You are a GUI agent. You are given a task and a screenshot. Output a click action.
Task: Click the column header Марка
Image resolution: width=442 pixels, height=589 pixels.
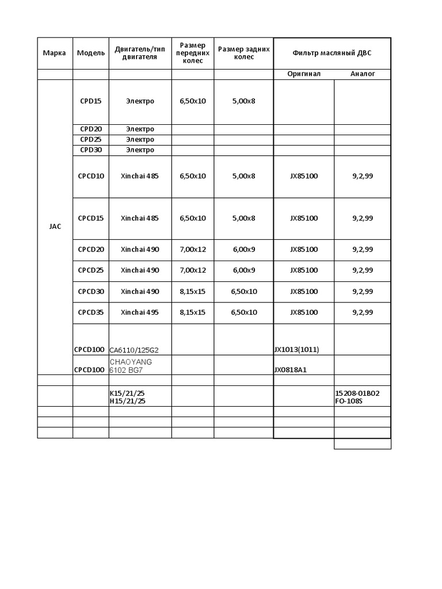pyautogui.click(x=55, y=53)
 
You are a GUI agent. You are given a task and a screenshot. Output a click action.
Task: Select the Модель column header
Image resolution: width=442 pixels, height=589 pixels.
pyautogui.click(x=91, y=53)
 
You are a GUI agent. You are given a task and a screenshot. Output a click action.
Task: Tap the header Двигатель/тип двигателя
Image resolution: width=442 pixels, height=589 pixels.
pyautogui.click(x=140, y=53)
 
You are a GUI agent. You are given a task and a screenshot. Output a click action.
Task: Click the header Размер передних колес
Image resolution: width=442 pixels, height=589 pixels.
pyautogui.click(x=193, y=53)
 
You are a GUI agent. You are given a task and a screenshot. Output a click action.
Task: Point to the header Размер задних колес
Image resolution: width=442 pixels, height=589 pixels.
pyautogui.click(x=244, y=53)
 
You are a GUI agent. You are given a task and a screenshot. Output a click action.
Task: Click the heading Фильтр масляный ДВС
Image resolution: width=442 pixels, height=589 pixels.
pyautogui.click(x=332, y=53)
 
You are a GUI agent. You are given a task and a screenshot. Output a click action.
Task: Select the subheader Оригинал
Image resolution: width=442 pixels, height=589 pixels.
pyautogui.click(x=303, y=74)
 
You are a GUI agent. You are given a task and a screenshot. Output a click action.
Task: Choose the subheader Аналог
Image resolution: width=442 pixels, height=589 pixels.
pyautogui.click(x=363, y=74)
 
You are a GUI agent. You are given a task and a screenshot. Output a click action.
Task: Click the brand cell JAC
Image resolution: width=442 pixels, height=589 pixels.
pyautogui.click(x=55, y=227)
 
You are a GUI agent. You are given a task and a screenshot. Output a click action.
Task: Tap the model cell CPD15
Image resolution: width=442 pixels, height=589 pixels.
pyautogui.click(x=91, y=101)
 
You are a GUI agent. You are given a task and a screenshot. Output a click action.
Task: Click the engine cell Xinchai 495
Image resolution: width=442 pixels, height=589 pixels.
pyautogui.click(x=140, y=313)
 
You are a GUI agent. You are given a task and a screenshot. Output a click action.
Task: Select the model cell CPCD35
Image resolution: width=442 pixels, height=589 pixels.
pyautogui.click(x=91, y=313)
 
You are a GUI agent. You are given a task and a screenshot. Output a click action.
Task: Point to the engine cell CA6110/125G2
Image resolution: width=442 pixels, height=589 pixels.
pyautogui.click(x=134, y=350)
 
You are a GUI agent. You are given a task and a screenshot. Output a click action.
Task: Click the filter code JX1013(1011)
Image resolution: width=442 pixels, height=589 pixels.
pyautogui.click(x=296, y=350)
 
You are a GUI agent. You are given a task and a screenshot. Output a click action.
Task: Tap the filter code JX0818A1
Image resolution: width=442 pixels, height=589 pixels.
pyautogui.click(x=291, y=370)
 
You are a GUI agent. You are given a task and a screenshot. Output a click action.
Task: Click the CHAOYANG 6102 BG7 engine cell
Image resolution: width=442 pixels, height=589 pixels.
pyautogui.click(x=131, y=366)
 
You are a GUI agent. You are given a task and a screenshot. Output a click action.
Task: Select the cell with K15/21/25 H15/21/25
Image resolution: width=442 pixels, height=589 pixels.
pyautogui.click(x=128, y=397)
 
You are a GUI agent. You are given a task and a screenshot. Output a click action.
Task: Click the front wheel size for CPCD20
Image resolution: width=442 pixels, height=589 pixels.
pyautogui.click(x=193, y=250)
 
